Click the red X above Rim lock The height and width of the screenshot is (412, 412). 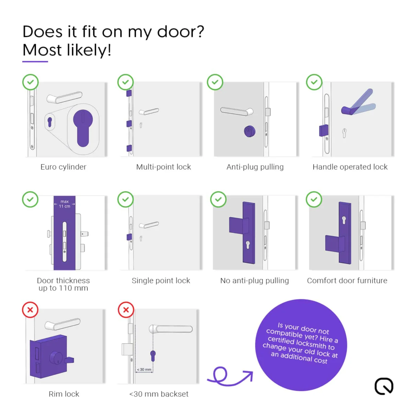pos(30,310)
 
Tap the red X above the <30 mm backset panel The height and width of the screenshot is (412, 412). pos(126,310)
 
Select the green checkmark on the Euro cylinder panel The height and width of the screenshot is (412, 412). pos(30,82)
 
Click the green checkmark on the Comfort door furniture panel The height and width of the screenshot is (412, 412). pos(314,199)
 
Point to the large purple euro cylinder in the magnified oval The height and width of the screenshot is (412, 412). pos(83,127)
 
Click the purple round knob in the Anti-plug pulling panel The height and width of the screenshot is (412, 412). pos(250,131)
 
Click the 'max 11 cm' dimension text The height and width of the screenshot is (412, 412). pos(65,204)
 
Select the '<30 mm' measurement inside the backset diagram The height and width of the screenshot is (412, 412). pos(144,369)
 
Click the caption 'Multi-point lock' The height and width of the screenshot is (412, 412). pos(163,167)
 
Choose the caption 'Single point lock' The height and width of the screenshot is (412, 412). pos(161,281)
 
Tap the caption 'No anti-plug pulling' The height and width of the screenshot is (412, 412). pos(254,281)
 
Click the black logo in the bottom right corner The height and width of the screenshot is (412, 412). pos(384,386)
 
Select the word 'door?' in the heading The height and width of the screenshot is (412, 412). pos(181,32)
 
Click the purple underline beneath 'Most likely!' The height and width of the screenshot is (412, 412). pos(35,61)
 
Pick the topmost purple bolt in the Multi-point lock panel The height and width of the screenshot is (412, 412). pos(129,93)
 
